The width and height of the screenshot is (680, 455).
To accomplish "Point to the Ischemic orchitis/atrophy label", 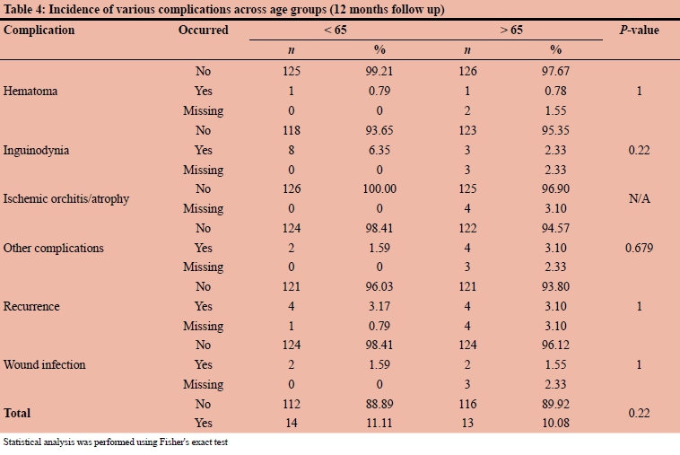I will pos(66,198).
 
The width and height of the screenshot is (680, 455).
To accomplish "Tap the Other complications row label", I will pos(53,248).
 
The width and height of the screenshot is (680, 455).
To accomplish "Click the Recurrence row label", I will pos(31,306).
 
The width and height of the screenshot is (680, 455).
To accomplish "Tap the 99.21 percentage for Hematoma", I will pos(379,71).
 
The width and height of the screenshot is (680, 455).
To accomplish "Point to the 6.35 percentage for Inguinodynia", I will pos(379,150).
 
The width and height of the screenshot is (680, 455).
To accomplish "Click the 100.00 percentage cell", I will pos(379,188).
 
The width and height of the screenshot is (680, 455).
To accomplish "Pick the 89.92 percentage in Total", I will pos(555,404).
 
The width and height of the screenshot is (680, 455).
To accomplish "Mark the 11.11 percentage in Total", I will pos(379,424).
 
